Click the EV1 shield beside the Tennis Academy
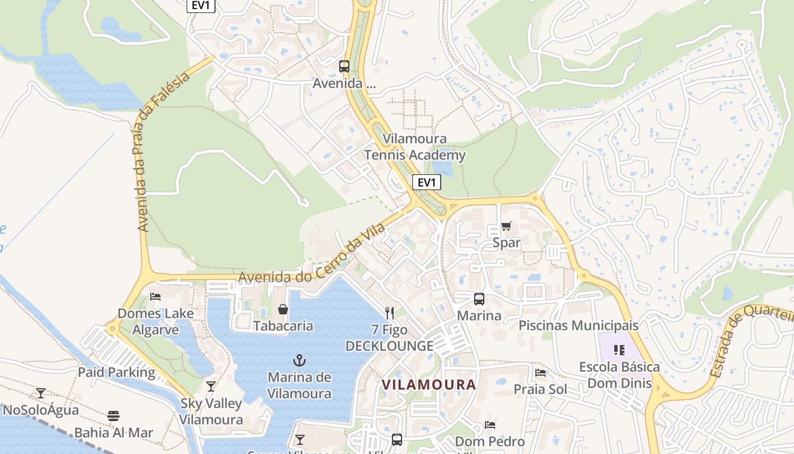pyautogui.click(x=426, y=182)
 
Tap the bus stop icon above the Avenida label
pyautogui.click(x=344, y=66)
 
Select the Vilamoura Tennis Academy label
pyautogui.click(x=415, y=147)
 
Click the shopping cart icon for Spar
pyautogui.click(x=506, y=226)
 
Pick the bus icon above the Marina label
pyautogui.click(x=479, y=299)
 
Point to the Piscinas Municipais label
pyautogui.click(x=578, y=326)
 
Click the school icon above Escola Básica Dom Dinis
pyautogui.click(x=619, y=350)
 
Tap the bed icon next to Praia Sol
pyautogui.click(x=540, y=373)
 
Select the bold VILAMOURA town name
pyautogui.click(x=429, y=385)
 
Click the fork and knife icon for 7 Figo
pyautogui.click(x=389, y=313)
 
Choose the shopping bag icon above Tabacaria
pyautogui.click(x=283, y=309)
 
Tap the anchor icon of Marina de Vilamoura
pyautogui.click(x=299, y=360)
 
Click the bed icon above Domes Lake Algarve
pyautogui.click(x=155, y=296)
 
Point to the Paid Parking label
pyautogui.click(x=116, y=372)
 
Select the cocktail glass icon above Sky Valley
pyautogui.click(x=211, y=386)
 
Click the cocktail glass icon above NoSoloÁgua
pyautogui.click(x=41, y=393)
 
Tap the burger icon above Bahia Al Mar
pyautogui.click(x=113, y=416)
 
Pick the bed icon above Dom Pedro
pyautogui.click(x=490, y=424)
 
